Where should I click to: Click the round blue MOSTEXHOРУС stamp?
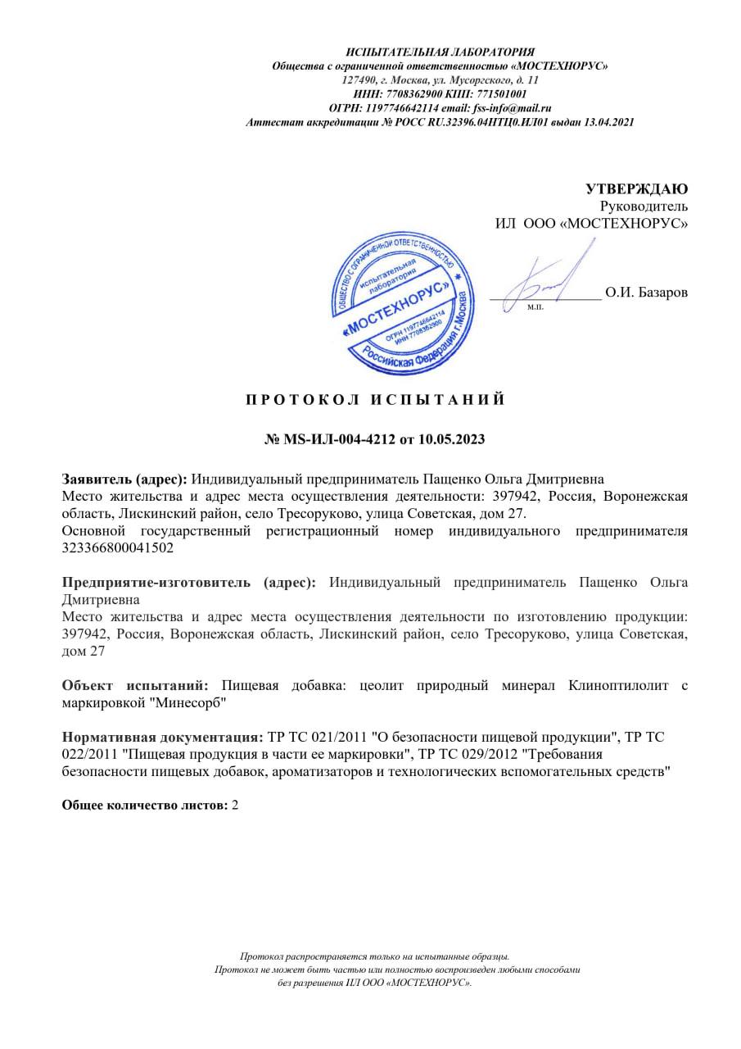point(403,303)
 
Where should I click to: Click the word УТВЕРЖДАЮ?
point(636,189)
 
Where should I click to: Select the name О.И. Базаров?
point(647,293)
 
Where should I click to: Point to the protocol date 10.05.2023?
point(451,439)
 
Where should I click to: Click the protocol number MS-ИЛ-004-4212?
point(339,439)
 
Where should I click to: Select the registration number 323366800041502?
point(118,548)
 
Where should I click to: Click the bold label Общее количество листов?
point(145,806)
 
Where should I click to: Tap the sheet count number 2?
point(236,806)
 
